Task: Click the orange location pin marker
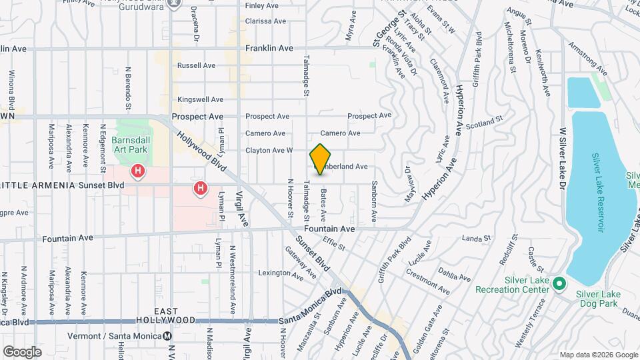coord(321,159)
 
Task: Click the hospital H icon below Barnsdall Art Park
coord(138,171)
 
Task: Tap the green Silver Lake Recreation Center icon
coord(559,285)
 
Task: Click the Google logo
coord(22,351)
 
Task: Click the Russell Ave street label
coord(196,65)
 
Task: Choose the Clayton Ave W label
coord(269,150)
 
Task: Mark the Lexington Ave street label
coord(277,273)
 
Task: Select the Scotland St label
coord(483,123)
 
